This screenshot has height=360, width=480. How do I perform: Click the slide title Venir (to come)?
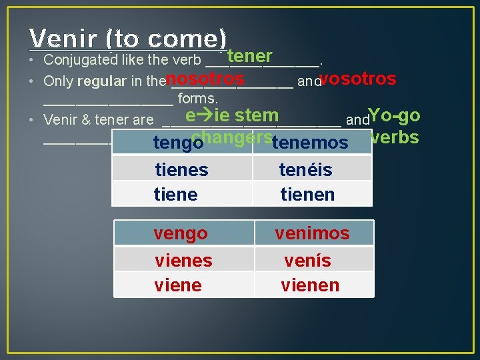[128, 38]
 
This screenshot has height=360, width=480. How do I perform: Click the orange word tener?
[249, 56]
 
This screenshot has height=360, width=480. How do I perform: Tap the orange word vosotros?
[358, 79]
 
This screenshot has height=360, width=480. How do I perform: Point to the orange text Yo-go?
[394, 115]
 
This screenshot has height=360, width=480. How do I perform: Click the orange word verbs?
[395, 137]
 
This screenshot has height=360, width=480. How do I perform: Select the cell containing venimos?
[312, 233]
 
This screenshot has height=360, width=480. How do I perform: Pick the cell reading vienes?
[183, 260]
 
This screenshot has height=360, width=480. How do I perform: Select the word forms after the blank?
[199, 99]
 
